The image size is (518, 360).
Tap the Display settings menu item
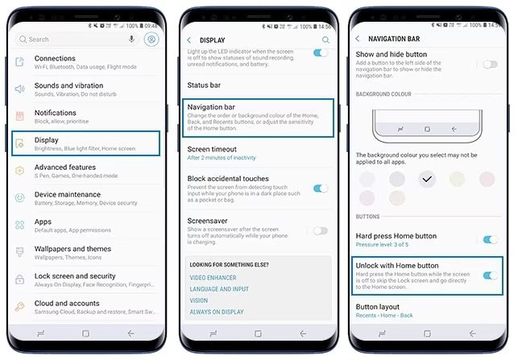point(85,143)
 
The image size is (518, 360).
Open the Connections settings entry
point(85,62)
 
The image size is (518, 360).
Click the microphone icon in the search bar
point(131,39)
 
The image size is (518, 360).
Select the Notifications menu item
point(85,117)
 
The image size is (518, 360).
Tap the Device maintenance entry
point(85,198)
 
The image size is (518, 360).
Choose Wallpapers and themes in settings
point(85,253)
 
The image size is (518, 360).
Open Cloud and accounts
point(85,307)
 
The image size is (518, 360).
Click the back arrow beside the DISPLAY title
point(189,39)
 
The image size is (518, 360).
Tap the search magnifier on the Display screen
point(325,39)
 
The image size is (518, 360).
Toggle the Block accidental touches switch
point(321,188)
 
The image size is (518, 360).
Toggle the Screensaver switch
point(321,230)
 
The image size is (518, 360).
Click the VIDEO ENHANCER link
point(213,277)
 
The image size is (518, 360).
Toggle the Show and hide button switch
point(489,64)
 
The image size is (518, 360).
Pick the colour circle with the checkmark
point(427,179)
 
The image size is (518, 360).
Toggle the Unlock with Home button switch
point(489,275)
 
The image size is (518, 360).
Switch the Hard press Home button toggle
point(489,239)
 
